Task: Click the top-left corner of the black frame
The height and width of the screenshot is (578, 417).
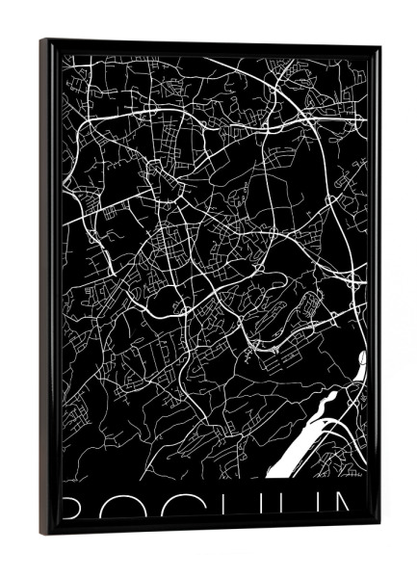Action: point(42,40)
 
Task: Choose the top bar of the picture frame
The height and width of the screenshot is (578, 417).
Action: point(212,47)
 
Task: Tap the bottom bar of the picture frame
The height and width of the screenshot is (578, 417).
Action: point(212,528)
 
